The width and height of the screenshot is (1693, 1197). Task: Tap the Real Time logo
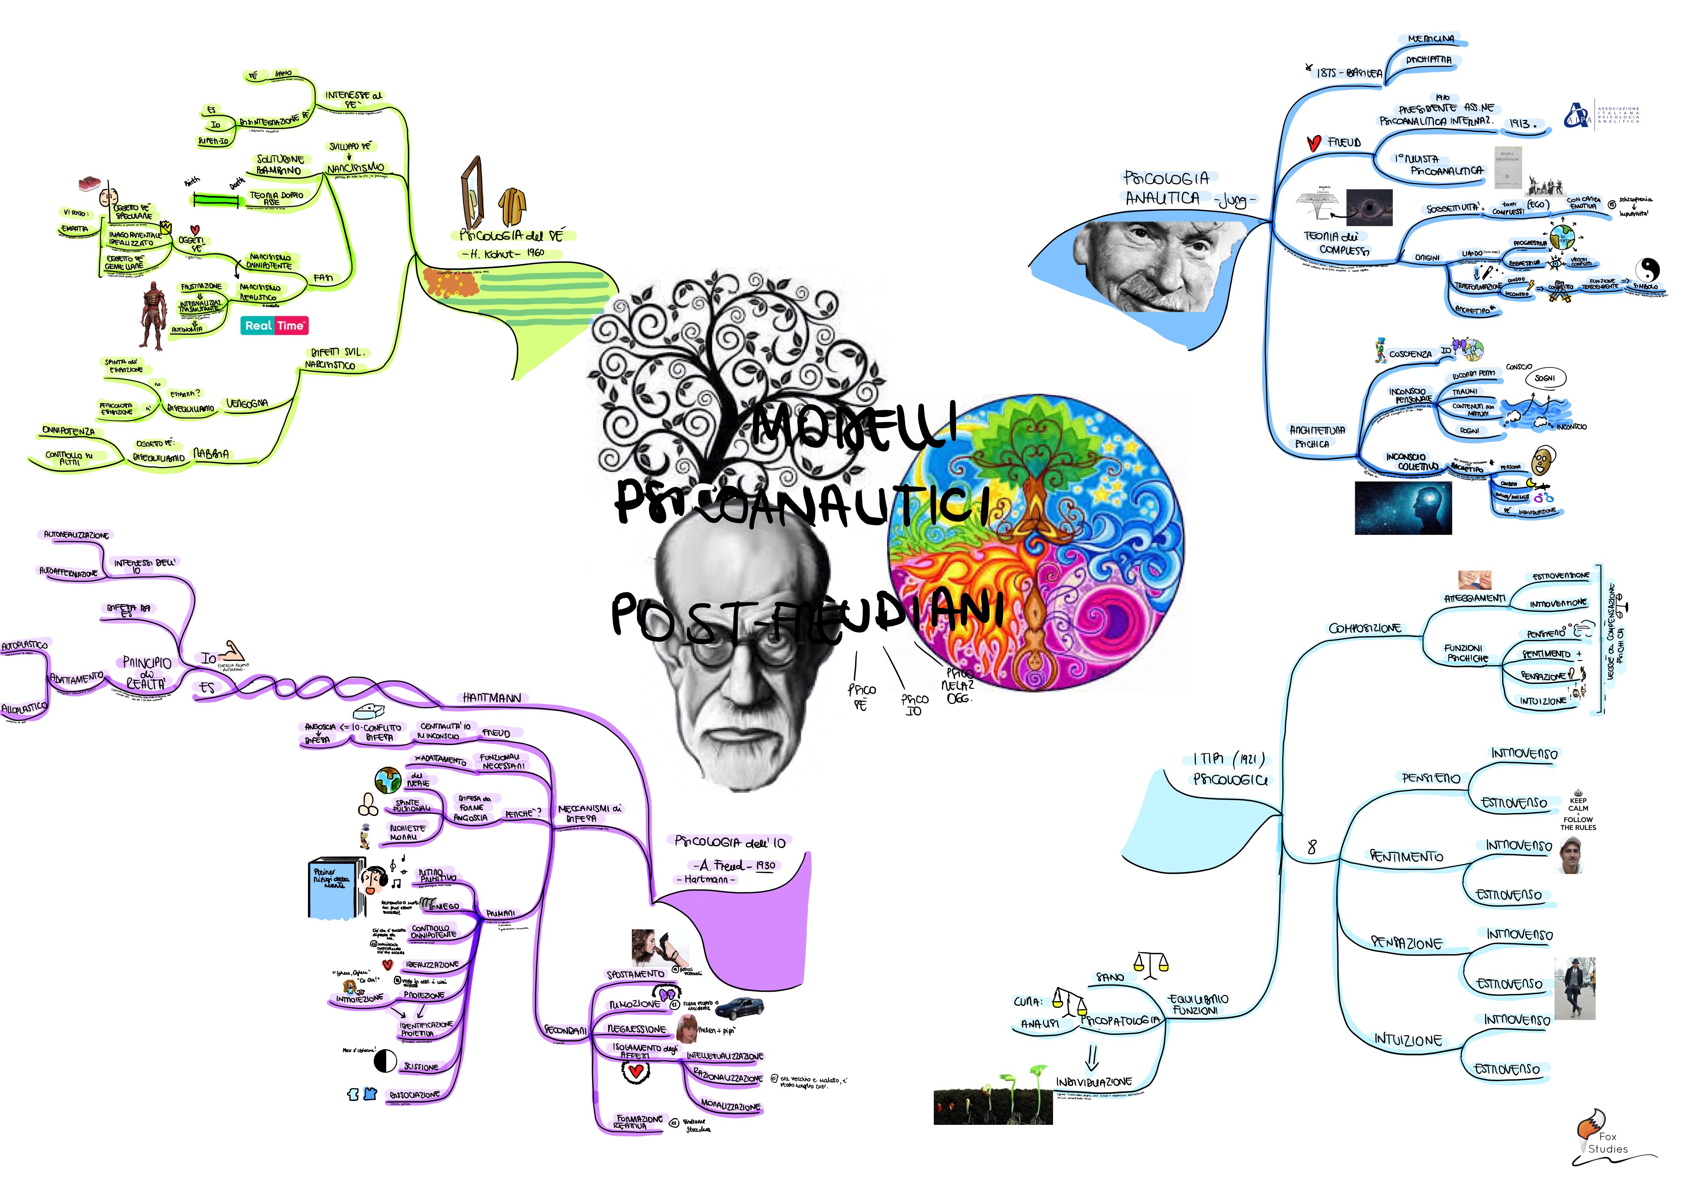point(274,325)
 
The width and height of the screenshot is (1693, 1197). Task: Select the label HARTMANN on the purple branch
point(492,698)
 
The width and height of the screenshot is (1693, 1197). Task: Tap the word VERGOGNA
point(247,403)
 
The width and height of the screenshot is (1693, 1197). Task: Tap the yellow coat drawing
point(512,206)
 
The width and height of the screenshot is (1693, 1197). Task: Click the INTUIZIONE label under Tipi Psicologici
point(1408,1040)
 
